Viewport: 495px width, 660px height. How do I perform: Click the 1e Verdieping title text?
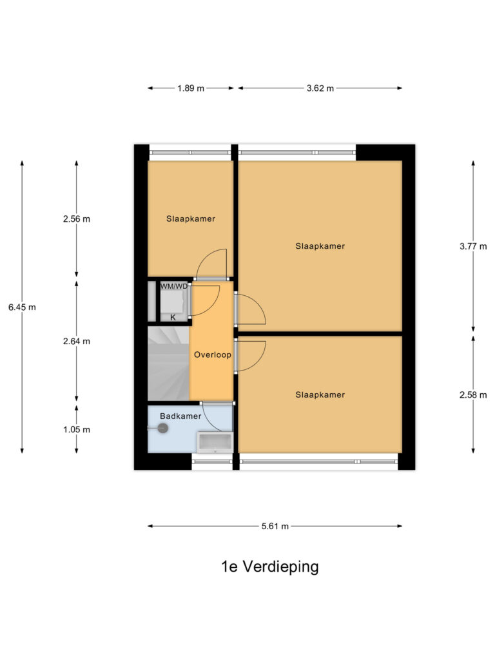point(269,567)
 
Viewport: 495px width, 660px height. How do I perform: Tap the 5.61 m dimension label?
point(275,527)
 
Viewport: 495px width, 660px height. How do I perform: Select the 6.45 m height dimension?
point(22,307)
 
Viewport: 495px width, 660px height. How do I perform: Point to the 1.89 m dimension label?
point(191,88)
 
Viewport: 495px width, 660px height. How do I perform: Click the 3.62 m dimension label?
point(320,88)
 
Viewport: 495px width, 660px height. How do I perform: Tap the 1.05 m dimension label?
point(77,429)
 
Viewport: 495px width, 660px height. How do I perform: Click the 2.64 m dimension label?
point(77,341)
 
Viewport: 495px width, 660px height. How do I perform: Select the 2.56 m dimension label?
point(77,218)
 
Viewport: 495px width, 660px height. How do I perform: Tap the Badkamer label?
point(180,416)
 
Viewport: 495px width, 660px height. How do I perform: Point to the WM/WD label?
point(174,286)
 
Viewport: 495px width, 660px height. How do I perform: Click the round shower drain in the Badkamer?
point(162,428)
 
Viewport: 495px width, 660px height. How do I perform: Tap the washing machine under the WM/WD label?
point(173,302)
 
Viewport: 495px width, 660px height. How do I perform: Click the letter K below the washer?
point(173,317)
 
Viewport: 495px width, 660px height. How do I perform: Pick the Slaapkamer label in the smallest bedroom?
point(190,218)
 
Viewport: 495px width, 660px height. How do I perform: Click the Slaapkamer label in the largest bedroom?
point(320,246)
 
